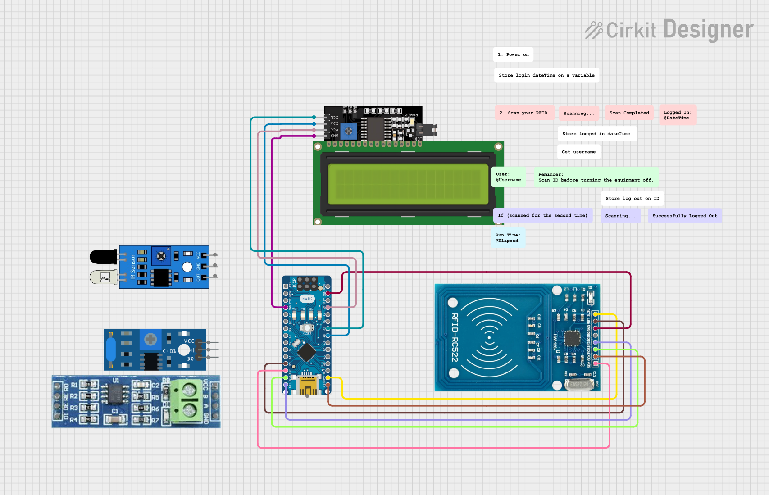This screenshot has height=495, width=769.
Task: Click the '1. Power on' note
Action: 513,54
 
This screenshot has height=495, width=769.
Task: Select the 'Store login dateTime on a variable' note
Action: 546,75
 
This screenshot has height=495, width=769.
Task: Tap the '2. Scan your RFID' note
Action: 523,113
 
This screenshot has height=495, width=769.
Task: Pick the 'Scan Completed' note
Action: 629,113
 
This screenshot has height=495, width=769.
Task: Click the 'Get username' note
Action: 578,152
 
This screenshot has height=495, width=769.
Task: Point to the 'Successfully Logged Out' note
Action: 684,216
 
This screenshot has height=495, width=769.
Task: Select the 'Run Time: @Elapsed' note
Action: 508,238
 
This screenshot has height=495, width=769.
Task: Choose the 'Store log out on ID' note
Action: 632,198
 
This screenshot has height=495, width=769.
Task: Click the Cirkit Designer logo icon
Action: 594,30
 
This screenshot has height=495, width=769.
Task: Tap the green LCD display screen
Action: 408,184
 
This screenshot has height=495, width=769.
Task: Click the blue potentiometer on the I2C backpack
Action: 348,131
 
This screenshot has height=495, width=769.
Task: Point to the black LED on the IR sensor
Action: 103,257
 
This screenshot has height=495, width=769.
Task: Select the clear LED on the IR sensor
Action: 103,277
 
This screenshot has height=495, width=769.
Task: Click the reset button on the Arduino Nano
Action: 307,327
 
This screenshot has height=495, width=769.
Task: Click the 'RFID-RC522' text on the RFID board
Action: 455,337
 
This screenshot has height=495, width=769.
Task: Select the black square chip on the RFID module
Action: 572,338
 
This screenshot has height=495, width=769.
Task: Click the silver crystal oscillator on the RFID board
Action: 579,385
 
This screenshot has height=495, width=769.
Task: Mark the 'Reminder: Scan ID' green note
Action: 596,177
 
